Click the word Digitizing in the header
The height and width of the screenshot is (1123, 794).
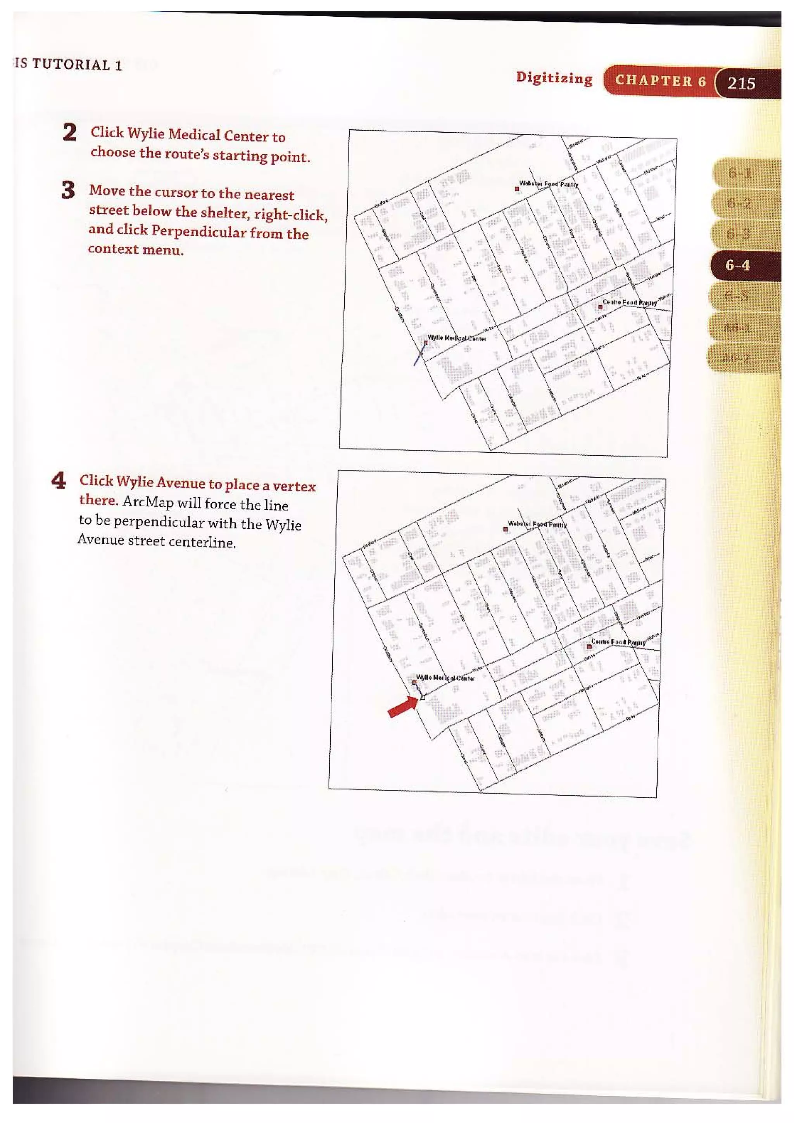click(554, 78)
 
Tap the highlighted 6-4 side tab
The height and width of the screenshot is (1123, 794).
click(737, 266)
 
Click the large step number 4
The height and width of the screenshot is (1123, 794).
click(59, 481)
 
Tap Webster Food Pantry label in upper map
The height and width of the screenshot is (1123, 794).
click(548, 184)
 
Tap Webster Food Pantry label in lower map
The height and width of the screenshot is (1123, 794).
click(537, 524)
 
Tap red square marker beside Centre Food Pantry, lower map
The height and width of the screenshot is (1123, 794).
click(589, 647)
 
